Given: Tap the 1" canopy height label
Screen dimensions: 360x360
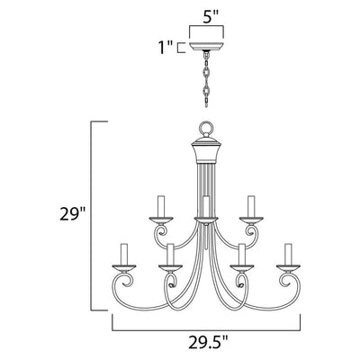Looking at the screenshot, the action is [166, 48].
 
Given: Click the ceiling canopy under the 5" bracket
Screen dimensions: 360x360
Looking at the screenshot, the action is [206, 48].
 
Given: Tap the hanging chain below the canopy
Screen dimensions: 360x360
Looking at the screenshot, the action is [206, 80].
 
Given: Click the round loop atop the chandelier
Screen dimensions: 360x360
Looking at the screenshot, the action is [206, 129].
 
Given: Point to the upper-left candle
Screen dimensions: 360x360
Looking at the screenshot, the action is [161, 206].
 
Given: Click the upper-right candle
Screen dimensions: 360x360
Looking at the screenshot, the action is [251, 206].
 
